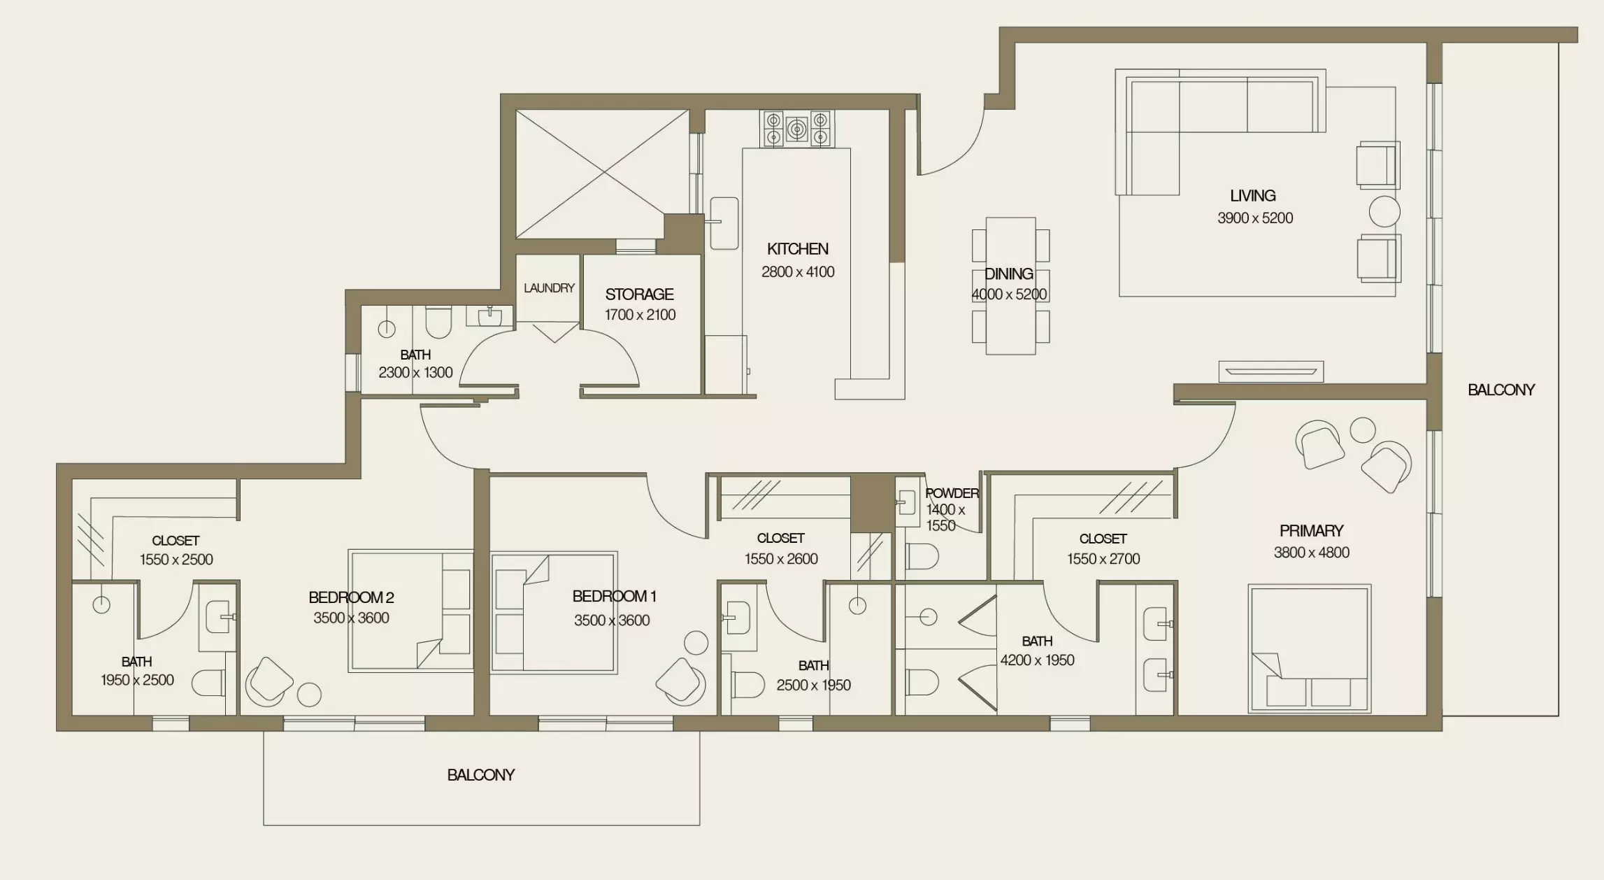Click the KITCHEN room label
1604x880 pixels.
click(x=797, y=249)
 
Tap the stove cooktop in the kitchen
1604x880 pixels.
click(x=796, y=129)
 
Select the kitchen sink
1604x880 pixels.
click(x=724, y=223)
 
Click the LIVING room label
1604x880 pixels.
click(x=1252, y=196)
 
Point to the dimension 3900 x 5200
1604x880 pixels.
click(x=1255, y=218)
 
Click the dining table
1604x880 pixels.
click(x=1010, y=285)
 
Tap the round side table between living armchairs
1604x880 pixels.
click(x=1384, y=211)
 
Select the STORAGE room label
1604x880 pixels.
click(x=639, y=294)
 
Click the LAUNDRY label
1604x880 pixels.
click(x=549, y=288)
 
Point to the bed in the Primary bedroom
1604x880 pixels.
click(x=1309, y=648)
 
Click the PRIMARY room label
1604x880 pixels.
click(x=1311, y=531)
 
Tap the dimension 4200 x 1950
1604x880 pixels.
click(x=1037, y=660)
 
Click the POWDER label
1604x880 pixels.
click(x=952, y=493)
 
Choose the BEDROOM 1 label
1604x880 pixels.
click(x=614, y=597)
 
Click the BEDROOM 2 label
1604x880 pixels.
click(x=351, y=597)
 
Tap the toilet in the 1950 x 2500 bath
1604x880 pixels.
click(x=208, y=683)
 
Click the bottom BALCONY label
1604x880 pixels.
click(x=481, y=775)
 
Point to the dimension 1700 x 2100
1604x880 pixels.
click(x=640, y=315)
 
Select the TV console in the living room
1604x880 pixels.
click(x=1271, y=371)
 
